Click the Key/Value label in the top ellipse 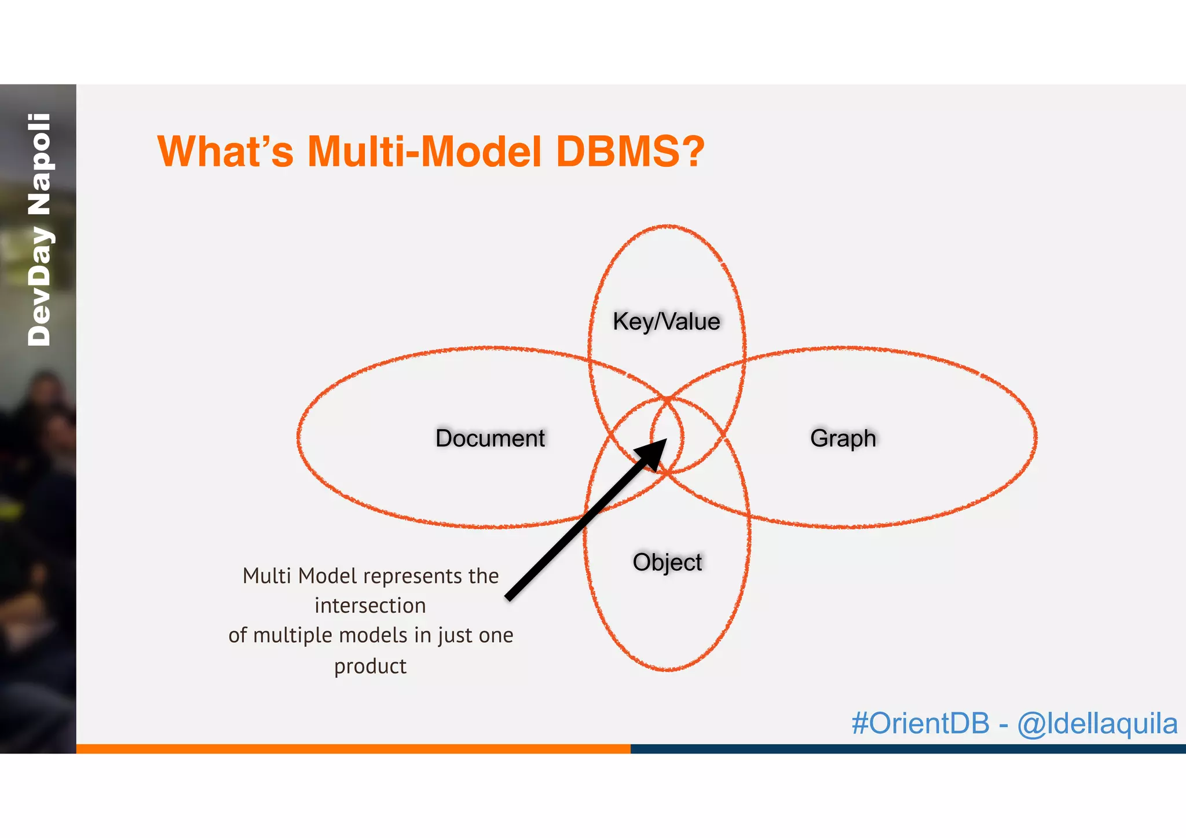pyautogui.click(x=666, y=321)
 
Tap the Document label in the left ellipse pyautogui.click(x=490, y=438)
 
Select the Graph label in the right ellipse pyautogui.click(x=843, y=438)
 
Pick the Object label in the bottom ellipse pyautogui.click(x=667, y=562)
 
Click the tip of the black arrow pyautogui.click(x=664, y=441)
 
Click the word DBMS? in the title pyautogui.click(x=630, y=152)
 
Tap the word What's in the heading pyautogui.click(x=225, y=152)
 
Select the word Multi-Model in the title pyautogui.click(x=424, y=152)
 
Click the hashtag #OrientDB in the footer pyautogui.click(x=920, y=723)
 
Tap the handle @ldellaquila pyautogui.click(x=1097, y=723)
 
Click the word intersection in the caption pyautogui.click(x=370, y=606)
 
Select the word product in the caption pyautogui.click(x=370, y=666)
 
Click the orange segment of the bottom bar pyautogui.click(x=353, y=748)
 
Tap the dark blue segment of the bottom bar pyautogui.click(x=908, y=748)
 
